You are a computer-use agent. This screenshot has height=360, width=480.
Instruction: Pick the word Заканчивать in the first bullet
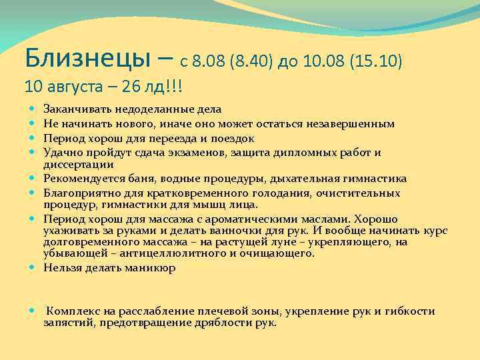[76, 108]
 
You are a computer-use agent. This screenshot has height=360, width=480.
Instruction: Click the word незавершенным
[353, 124]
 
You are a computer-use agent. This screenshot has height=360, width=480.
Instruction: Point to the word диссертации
[79, 164]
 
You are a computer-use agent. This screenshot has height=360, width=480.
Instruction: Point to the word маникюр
[151, 269]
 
